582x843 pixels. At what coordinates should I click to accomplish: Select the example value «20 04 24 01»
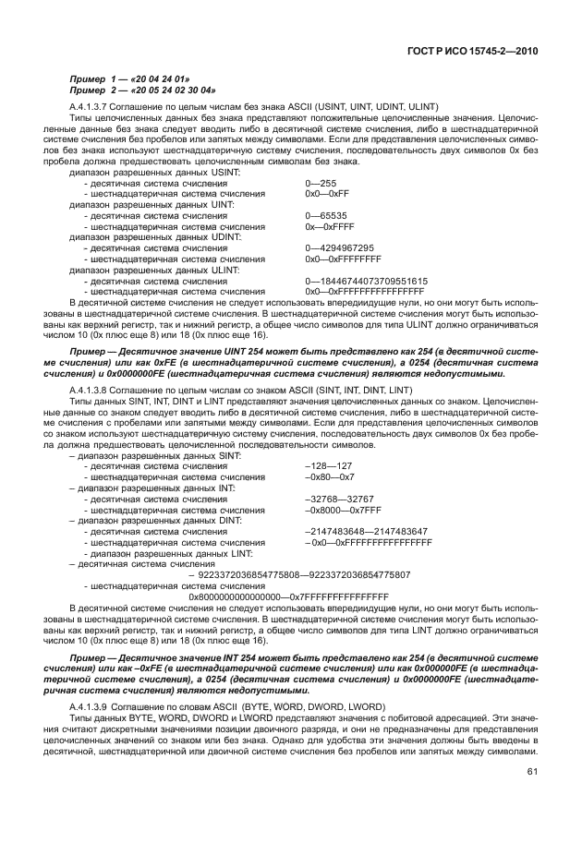(x=162, y=79)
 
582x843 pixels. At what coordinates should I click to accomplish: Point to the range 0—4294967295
(x=339, y=247)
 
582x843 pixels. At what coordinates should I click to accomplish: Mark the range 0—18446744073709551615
(x=366, y=280)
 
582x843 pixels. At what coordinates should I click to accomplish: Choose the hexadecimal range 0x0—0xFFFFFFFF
(x=343, y=259)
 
